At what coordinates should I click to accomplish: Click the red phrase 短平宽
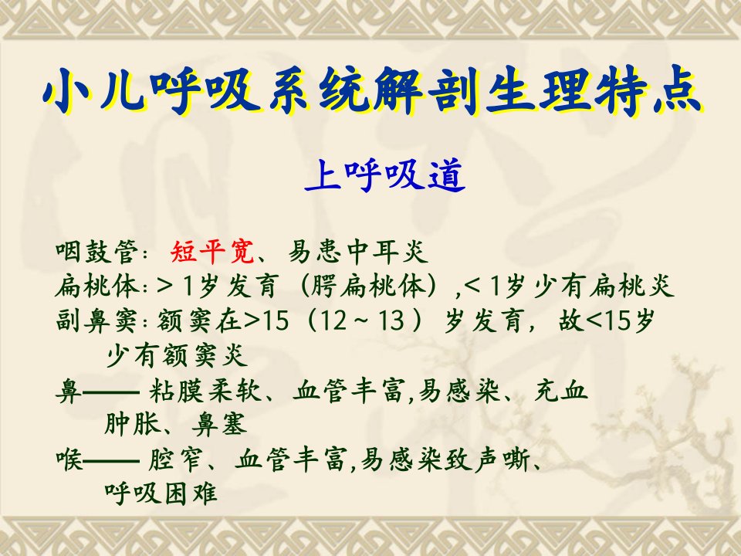click(212, 252)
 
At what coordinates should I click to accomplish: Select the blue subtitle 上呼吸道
click(385, 175)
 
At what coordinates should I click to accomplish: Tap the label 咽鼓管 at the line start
click(97, 252)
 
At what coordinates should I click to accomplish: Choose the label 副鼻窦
click(97, 321)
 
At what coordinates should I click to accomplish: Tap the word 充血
click(561, 391)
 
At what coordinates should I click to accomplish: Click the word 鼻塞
click(220, 425)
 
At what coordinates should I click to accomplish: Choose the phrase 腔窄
click(175, 459)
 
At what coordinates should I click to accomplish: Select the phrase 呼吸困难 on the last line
click(161, 493)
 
